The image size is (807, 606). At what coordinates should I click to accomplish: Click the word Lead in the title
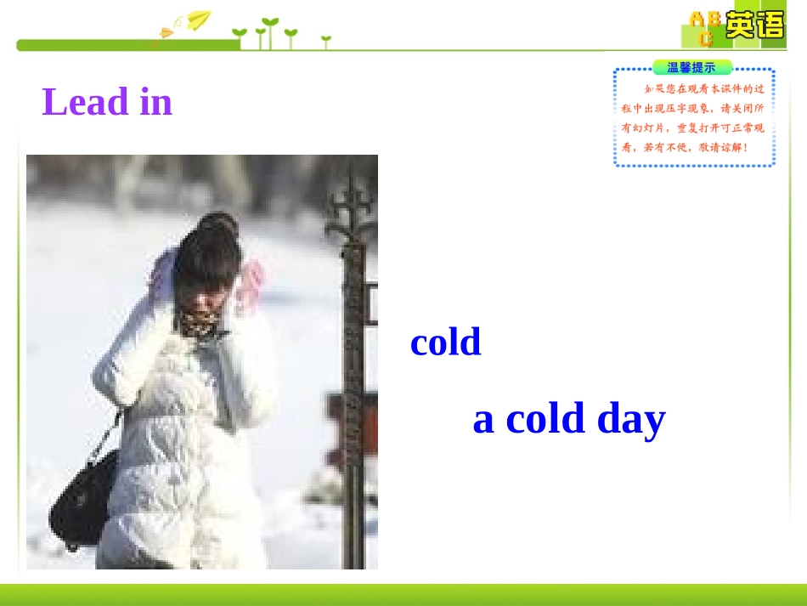pos(85,102)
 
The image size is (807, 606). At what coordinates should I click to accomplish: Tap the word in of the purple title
pos(155,102)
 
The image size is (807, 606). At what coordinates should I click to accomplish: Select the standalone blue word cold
pos(445,342)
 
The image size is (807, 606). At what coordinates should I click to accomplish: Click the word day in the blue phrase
pos(631,419)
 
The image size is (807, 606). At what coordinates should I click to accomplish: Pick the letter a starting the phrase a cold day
pos(483,420)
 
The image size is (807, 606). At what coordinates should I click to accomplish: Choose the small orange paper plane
pos(166,33)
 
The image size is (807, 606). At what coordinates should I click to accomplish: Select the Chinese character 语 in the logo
pos(770,25)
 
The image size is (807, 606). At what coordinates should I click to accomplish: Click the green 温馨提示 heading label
pos(691,68)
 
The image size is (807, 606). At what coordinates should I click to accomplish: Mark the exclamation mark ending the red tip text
pos(745,147)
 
